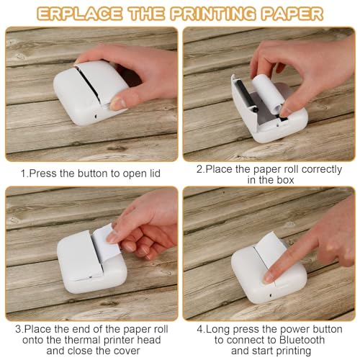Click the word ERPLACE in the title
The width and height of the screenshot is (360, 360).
pos(79,14)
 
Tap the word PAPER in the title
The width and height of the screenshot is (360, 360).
pos(292,14)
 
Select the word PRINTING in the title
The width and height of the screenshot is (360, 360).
pos(213,14)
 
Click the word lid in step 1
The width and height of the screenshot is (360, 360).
pos(154,174)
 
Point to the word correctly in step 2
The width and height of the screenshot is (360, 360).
pos(322,170)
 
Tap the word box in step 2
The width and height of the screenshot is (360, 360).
pos(285,180)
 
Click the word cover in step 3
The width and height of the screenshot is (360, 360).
pos(127,351)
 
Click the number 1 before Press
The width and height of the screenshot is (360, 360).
pos(23,174)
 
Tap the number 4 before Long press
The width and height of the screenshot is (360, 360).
pos(200,329)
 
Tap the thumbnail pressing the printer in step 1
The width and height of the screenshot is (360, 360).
pos(118,103)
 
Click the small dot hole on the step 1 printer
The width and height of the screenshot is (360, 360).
pos(96,117)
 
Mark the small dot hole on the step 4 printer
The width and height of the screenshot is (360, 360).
pos(271,295)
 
